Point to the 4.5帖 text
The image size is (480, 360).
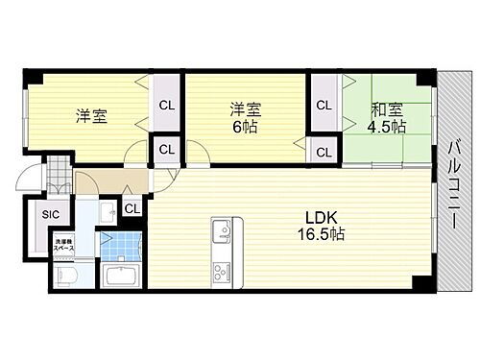(x=386, y=126)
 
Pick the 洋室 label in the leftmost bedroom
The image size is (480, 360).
(x=92, y=116)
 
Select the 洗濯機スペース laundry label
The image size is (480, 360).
(x=63, y=244)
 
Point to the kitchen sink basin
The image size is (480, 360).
(x=219, y=230)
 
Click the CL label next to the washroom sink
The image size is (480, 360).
(x=131, y=207)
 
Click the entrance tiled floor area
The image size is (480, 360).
(x=58, y=180)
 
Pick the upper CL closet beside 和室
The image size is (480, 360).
(x=324, y=105)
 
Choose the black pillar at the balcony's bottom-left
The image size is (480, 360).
(x=420, y=282)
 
